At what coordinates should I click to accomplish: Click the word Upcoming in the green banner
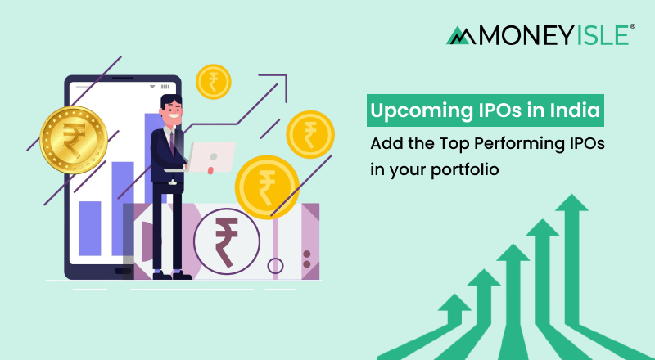tap(412, 110)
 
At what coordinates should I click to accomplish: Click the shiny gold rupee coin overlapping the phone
tap(74, 140)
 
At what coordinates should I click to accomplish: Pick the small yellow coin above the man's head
tap(214, 82)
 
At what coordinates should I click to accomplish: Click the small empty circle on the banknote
tap(277, 265)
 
